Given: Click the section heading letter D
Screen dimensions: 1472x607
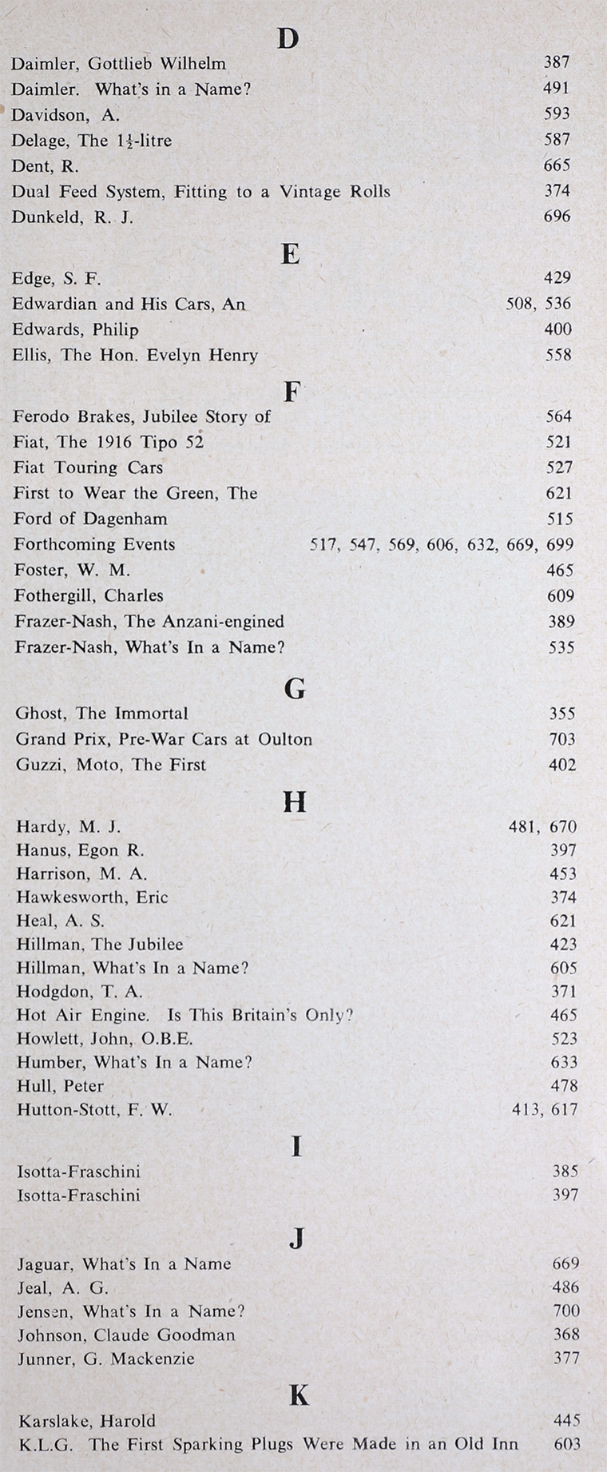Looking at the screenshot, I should coord(288,38).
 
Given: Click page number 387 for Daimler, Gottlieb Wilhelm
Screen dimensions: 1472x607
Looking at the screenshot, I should coord(557,62).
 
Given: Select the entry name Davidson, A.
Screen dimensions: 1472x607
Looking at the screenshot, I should coord(65,115).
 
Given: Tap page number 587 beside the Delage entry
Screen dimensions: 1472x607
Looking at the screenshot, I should coord(557,140).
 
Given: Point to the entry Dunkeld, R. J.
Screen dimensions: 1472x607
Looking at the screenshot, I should coord(73,217).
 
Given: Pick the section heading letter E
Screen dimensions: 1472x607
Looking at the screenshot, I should coord(291,254).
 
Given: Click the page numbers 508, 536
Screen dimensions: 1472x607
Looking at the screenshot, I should coord(539,304).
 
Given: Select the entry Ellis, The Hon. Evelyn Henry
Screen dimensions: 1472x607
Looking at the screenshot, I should coord(135,355).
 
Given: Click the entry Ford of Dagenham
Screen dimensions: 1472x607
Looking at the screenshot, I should coord(90,519).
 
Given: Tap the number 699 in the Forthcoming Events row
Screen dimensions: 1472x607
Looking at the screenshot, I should coord(561,545).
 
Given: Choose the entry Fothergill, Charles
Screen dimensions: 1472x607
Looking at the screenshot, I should coord(89,595).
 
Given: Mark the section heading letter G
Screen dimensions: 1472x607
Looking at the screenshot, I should coord(295,688).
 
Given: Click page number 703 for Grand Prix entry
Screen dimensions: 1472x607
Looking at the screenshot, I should coord(562,739).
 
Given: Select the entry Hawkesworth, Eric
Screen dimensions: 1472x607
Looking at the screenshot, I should coord(93,897).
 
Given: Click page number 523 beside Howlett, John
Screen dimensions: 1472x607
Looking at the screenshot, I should coord(564,1039).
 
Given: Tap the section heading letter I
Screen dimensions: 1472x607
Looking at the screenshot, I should coord(296,1148).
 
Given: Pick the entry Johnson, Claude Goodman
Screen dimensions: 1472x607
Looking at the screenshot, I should coord(126,1335).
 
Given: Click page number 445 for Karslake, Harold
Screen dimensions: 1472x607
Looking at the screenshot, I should coord(566,1421).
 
